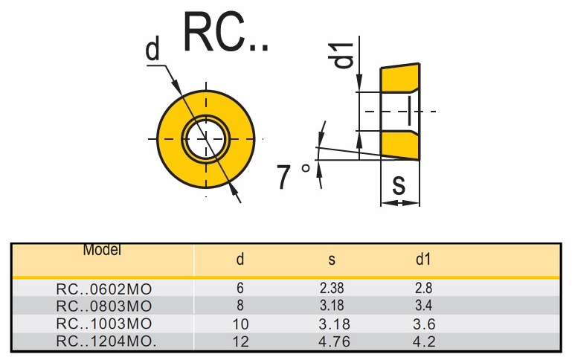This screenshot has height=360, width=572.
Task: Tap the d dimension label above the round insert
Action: pyautogui.click(x=152, y=50)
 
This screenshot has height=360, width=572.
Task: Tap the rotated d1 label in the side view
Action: pyautogui.click(x=343, y=56)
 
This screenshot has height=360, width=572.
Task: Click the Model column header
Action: pyautogui.click(x=102, y=251)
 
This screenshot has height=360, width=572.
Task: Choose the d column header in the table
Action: pyautogui.click(x=240, y=260)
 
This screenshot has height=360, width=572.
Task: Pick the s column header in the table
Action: pyautogui.click(x=332, y=260)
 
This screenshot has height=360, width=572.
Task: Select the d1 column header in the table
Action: pyautogui.click(x=423, y=260)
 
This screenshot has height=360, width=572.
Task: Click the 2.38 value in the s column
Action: pyautogui.click(x=332, y=288)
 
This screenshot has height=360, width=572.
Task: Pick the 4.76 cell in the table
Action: pyautogui.click(x=332, y=342)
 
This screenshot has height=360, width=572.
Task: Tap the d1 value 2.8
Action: pyautogui.click(x=424, y=288)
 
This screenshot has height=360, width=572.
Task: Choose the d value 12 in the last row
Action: pyautogui.click(x=240, y=342)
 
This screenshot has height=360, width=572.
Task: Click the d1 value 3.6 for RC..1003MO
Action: pyautogui.click(x=424, y=324)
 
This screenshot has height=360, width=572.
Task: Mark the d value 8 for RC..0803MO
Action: pyautogui.click(x=240, y=306)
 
